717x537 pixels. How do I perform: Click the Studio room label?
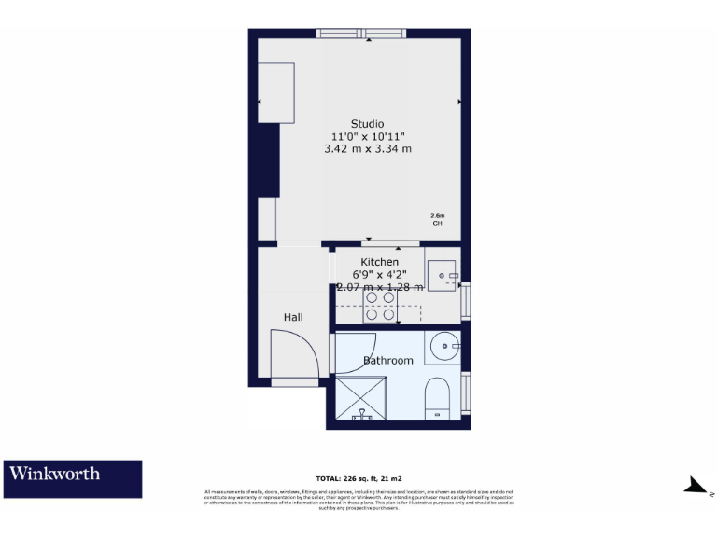coord(367,124)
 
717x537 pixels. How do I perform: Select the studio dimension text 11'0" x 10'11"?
coord(367,136)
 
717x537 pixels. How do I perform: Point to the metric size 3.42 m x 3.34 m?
coord(367,148)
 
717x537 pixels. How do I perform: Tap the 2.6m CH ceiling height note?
coord(437,220)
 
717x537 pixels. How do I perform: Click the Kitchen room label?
coord(379,263)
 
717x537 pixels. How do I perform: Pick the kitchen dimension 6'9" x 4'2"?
coord(379,275)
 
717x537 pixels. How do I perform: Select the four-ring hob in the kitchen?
coord(380,307)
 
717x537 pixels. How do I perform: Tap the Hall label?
coord(293,318)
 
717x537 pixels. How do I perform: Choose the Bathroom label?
coord(387,361)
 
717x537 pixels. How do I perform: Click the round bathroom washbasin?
coord(445,348)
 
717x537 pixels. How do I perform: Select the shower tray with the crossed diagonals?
coord(360,398)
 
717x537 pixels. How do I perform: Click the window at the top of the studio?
coord(361,34)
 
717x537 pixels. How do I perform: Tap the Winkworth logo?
coord(73,478)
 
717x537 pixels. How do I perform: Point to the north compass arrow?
coord(696,485)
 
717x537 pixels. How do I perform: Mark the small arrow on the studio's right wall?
coord(458,101)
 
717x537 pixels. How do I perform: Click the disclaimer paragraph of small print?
coord(358,500)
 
